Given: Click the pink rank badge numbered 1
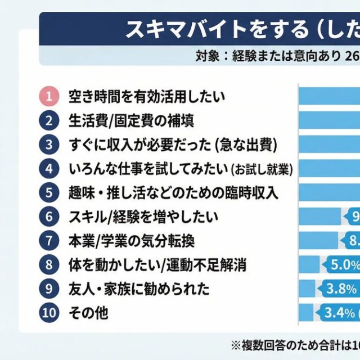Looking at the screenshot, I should (49, 96).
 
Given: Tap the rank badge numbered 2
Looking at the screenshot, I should (49, 120).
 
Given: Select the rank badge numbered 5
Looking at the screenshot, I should (49, 192).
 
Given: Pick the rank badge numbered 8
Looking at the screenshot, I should (49, 264).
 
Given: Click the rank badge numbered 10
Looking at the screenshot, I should (49, 313).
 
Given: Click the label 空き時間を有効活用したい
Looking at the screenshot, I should (146, 96).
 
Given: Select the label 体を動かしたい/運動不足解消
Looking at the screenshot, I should (157, 264).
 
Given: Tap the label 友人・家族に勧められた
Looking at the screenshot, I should (138, 289).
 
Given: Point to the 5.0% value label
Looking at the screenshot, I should (340, 264).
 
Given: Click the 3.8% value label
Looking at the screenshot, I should (341, 289).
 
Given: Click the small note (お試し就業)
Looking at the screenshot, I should (263, 169).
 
